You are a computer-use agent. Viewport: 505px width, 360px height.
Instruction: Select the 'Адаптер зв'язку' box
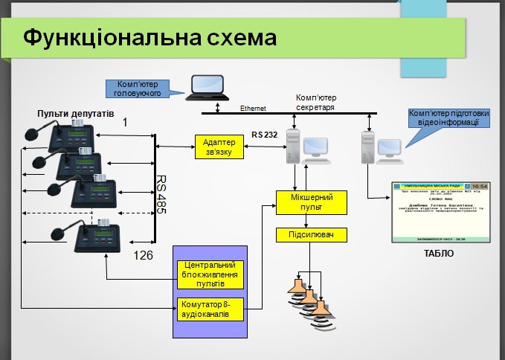tap(218, 147)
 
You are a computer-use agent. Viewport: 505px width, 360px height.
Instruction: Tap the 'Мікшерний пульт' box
tap(312, 202)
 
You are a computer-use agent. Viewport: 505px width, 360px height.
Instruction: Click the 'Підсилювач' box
tap(312, 235)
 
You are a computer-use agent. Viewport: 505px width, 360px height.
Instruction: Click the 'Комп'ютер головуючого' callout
tap(138, 89)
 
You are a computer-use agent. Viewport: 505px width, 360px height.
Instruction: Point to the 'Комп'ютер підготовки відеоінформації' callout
tap(448, 118)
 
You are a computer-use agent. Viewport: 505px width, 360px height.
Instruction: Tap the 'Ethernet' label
tap(253, 109)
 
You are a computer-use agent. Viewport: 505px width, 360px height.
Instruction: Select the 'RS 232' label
tap(264, 135)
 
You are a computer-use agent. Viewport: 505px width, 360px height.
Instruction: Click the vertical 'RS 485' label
tap(160, 195)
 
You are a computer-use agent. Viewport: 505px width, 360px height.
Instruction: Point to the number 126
tap(143, 256)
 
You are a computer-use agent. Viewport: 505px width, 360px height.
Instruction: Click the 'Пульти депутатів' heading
tap(76, 115)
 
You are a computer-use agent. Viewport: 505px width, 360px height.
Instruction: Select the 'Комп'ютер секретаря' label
tap(316, 102)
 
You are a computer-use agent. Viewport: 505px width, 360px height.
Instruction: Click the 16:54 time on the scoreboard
tap(479, 185)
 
